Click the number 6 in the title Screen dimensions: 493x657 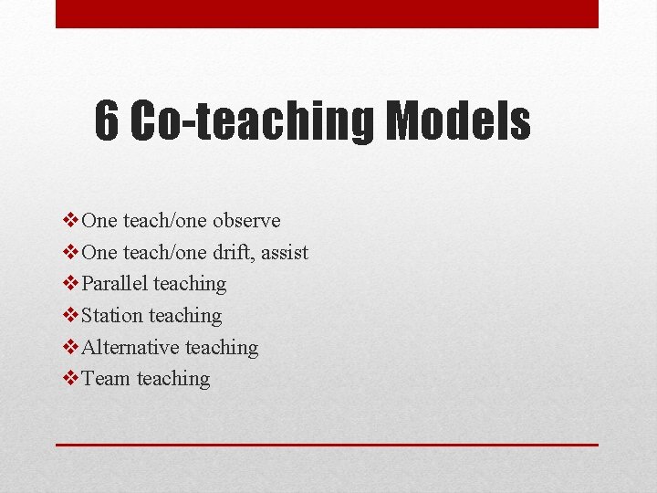[x=107, y=122]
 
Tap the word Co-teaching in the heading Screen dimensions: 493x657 [x=252, y=122]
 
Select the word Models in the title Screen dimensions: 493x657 [x=457, y=122]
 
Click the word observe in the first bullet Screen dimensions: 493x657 [x=246, y=221]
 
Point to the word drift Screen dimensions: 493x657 [x=233, y=252]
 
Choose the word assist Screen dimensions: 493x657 [x=285, y=252]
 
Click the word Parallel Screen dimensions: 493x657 [x=114, y=284]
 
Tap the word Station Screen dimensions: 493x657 [x=112, y=316]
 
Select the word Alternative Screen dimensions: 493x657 [x=130, y=348]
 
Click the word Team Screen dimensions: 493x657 [x=106, y=379]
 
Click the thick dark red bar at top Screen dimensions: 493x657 [x=327, y=14]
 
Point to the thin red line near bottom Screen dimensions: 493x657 [x=327, y=445]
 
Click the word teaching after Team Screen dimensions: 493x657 [x=173, y=379]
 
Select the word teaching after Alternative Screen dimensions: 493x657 [x=222, y=348]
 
